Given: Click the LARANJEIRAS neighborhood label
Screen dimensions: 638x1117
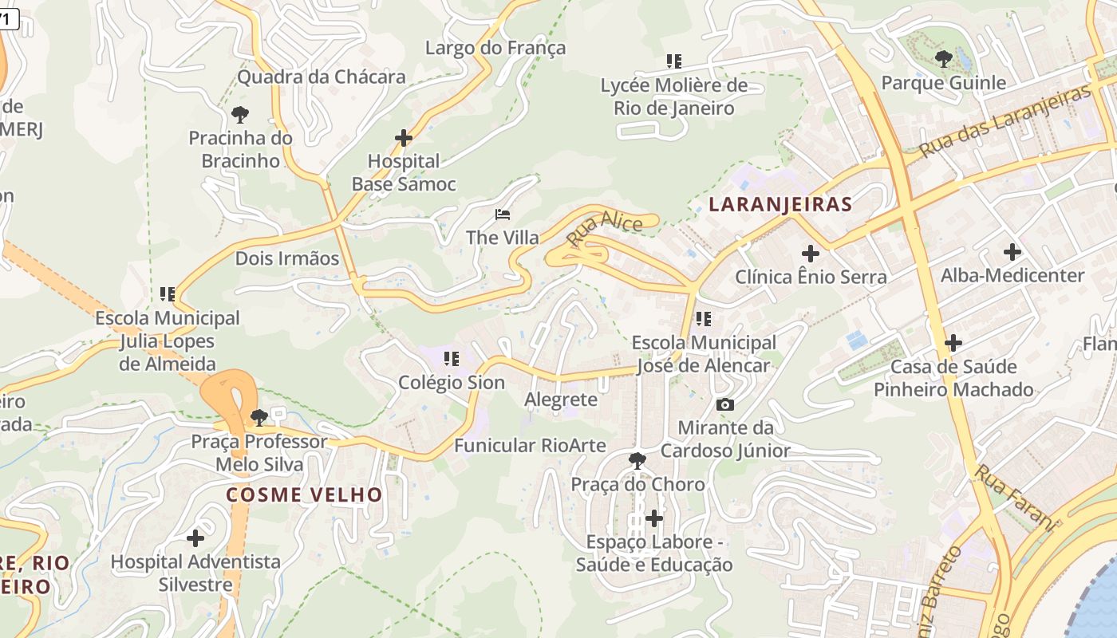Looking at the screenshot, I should (780, 204).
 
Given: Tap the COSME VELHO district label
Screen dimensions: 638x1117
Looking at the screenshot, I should (304, 494).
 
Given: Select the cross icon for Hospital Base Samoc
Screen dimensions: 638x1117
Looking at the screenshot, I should (404, 138).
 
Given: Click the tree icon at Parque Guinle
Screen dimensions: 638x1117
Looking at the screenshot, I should (943, 58).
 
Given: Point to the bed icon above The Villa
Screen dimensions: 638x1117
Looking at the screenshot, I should (503, 215).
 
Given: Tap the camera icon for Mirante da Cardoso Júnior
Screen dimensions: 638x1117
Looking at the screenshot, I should (724, 405).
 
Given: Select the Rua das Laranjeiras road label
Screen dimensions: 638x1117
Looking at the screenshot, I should (1004, 121).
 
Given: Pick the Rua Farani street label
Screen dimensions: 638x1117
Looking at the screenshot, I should (1013, 496).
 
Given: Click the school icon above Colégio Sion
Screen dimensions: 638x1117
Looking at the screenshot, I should (452, 359).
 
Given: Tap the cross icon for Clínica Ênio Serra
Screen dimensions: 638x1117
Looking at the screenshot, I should (811, 254).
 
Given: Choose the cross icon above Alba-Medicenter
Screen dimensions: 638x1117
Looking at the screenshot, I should (1012, 252).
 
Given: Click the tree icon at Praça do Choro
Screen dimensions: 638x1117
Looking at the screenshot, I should (637, 460).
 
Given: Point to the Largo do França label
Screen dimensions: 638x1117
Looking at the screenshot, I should (495, 48).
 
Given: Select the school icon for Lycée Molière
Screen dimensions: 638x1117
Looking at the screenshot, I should (674, 61).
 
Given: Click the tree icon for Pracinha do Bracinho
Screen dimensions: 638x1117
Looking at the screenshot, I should (239, 114).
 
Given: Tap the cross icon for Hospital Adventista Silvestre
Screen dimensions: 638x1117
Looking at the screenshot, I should (195, 538).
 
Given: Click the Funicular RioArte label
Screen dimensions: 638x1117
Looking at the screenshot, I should (530, 445).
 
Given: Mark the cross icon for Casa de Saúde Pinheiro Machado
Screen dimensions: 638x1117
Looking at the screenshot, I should (953, 343).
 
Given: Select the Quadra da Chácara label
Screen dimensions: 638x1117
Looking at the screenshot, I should (322, 77).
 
